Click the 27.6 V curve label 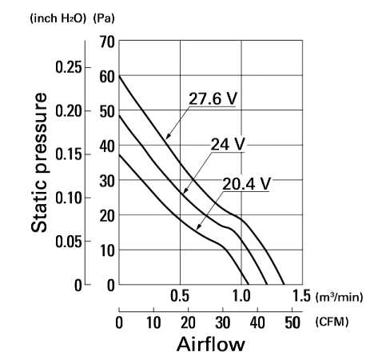click(x=213, y=98)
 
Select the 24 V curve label click(x=228, y=144)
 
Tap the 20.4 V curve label click(x=246, y=184)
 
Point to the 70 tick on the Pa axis click(x=107, y=42)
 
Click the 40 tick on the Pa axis click(x=107, y=146)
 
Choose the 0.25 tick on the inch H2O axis click(x=69, y=67)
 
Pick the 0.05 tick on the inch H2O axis click(x=69, y=242)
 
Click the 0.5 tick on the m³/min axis click(x=180, y=296)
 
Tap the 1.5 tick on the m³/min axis click(x=301, y=296)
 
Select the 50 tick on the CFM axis click(x=292, y=322)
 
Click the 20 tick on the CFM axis click(x=188, y=322)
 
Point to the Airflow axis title click(x=210, y=344)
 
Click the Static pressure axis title click(x=39, y=162)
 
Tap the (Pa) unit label click(x=104, y=18)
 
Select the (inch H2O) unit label click(x=58, y=18)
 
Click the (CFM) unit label click(x=332, y=322)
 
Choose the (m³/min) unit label click(x=339, y=297)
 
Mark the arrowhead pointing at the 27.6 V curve click(x=168, y=136)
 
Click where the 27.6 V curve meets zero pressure click(x=284, y=285)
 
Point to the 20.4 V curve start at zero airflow click(x=119, y=154)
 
